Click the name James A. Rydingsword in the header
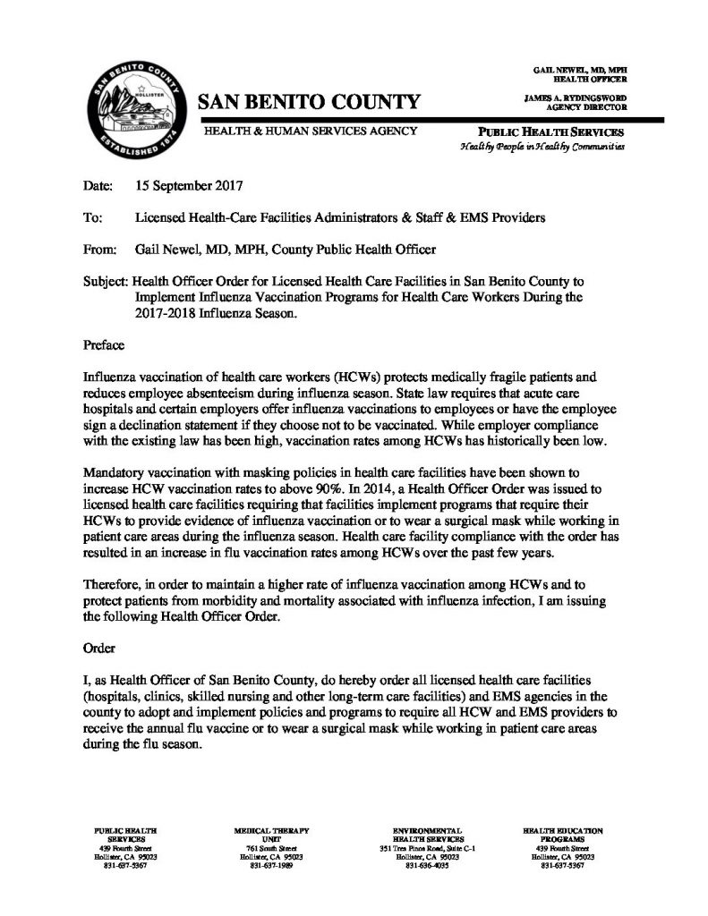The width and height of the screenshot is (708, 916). [576, 98]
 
